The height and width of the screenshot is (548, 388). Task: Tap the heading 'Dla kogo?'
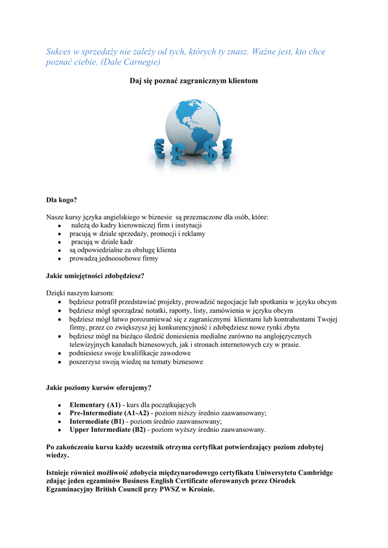tap(62, 200)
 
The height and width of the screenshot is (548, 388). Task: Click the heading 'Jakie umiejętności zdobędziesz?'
tap(95, 276)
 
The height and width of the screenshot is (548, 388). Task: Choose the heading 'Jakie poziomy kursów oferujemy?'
tap(98, 387)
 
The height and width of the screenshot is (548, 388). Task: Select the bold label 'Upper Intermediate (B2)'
tap(107, 430)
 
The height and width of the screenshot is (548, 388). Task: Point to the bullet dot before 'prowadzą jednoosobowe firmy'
tap(59, 259)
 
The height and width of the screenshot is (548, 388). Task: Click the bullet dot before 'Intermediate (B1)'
tap(59, 422)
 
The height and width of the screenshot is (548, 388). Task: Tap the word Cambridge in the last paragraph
tap(314, 473)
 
